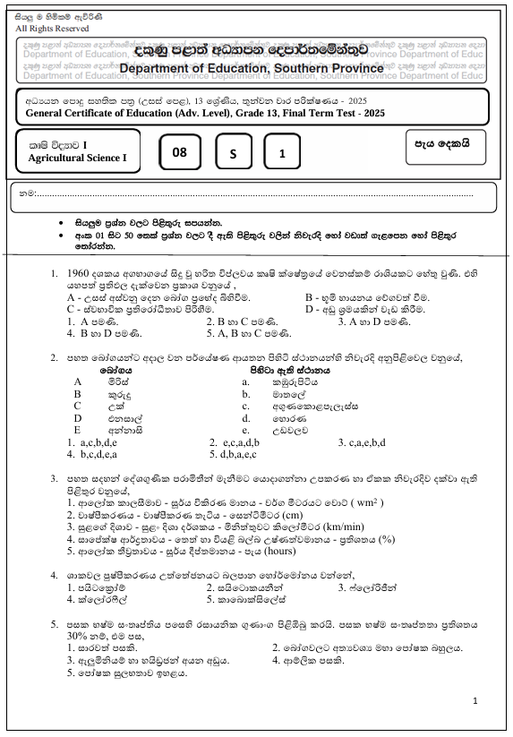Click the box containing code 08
click(x=180, y=152)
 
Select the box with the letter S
click(x=232, y=153)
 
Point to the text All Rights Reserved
click(x=53, y=29)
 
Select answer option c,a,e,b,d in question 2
click(x=362, y=441)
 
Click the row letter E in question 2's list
click(x=78, y=429)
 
